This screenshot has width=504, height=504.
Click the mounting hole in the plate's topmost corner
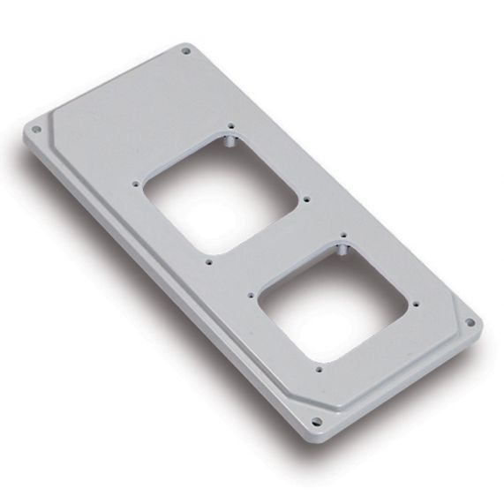click(185, 52)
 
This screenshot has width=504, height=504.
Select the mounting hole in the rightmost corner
click(470, 323)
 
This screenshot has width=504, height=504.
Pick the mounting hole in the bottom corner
click(316, 418)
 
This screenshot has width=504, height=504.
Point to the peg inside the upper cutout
click(228, 140)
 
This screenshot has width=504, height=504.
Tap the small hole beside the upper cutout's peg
click(229, 125)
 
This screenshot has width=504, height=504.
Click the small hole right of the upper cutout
click(305, 199)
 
